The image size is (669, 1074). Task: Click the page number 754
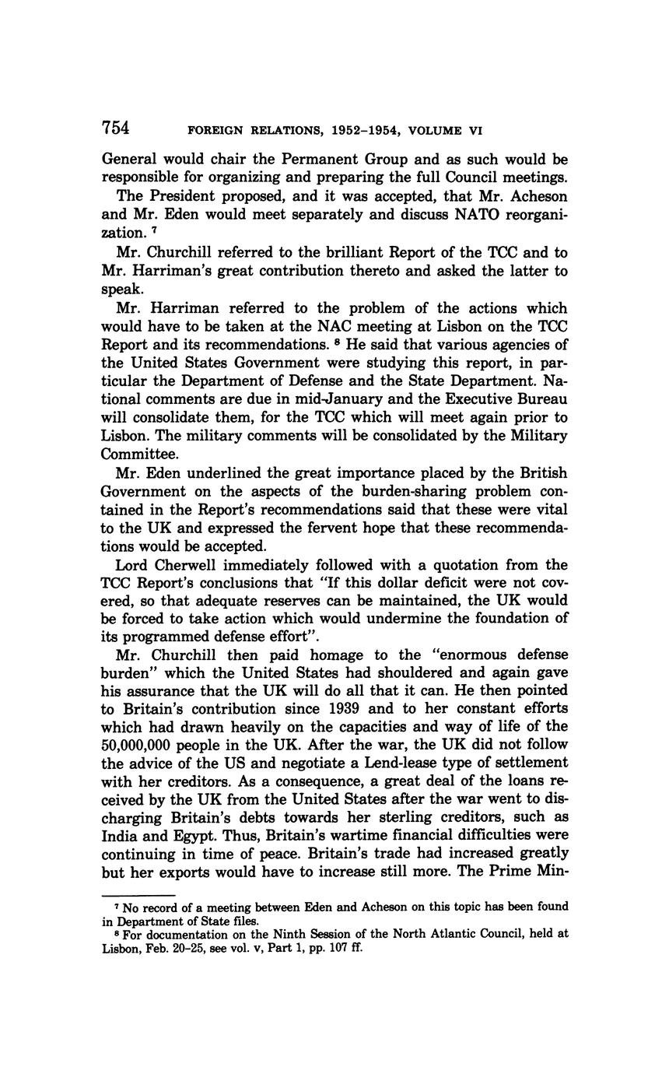point(115,128)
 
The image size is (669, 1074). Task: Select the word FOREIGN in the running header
point(217,131)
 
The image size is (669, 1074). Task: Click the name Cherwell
point(186,565)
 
